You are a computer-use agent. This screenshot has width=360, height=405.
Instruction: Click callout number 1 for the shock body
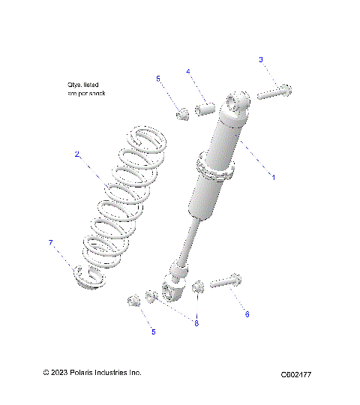[273, 178]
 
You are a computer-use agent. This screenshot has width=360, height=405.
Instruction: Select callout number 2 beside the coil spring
[76, 154]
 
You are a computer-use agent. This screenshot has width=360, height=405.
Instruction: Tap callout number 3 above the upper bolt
[261, 59]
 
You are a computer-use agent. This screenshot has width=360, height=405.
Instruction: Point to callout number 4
[188, 71]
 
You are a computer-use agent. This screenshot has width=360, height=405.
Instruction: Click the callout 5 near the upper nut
[157, 78]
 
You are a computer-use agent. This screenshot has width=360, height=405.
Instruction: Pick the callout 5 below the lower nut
[154, 331]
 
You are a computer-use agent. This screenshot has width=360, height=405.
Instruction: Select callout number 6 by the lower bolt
[247, 314]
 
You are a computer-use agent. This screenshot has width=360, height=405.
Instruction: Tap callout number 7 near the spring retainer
[50, 242]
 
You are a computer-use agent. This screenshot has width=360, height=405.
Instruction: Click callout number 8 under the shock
[196, 323]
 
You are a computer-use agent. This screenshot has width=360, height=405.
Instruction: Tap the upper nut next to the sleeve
[182, 114]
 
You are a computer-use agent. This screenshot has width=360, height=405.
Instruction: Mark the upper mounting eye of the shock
[239, 102]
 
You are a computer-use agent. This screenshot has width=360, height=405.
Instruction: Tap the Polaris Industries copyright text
[91, 373]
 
